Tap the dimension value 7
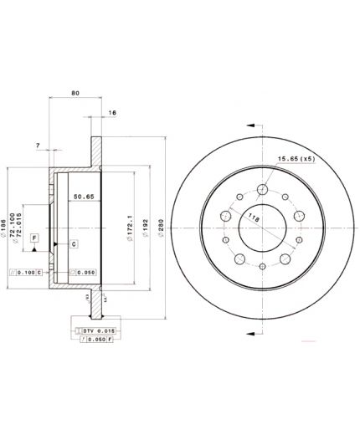tap(39, 146)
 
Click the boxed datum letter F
tap(34, 239)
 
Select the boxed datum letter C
tap(73, 243)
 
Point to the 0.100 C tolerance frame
tap(29, 272)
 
